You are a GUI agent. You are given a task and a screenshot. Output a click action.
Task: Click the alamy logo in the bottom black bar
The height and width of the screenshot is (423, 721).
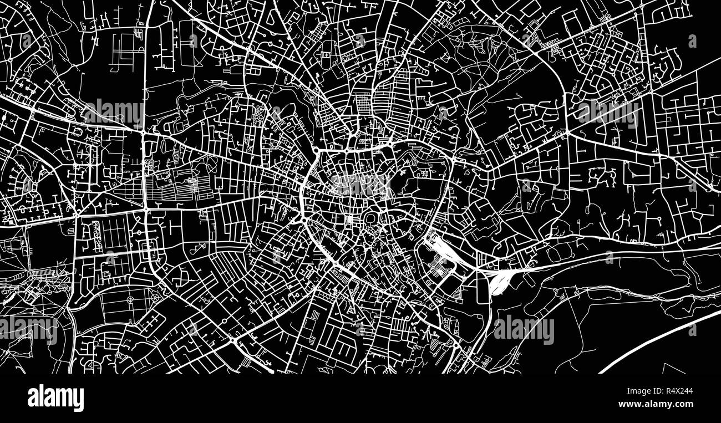(55, 398)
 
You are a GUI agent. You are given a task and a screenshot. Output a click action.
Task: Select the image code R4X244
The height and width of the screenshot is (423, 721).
(676, 391)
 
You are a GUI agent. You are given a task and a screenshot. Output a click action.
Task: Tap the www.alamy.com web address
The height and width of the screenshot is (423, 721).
(662, 405)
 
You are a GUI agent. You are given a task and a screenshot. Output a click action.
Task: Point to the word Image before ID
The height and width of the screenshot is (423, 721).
(622, 391)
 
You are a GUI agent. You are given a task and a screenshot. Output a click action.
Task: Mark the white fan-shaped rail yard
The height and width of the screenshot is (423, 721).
(501, 280)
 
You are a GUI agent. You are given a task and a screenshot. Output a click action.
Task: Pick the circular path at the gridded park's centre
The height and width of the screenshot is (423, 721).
(130, 300)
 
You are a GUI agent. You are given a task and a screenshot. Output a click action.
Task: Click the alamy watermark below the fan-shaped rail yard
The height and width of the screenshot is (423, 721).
(524, 330)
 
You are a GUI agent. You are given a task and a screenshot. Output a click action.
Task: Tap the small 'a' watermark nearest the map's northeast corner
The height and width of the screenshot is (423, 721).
(692, 41)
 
